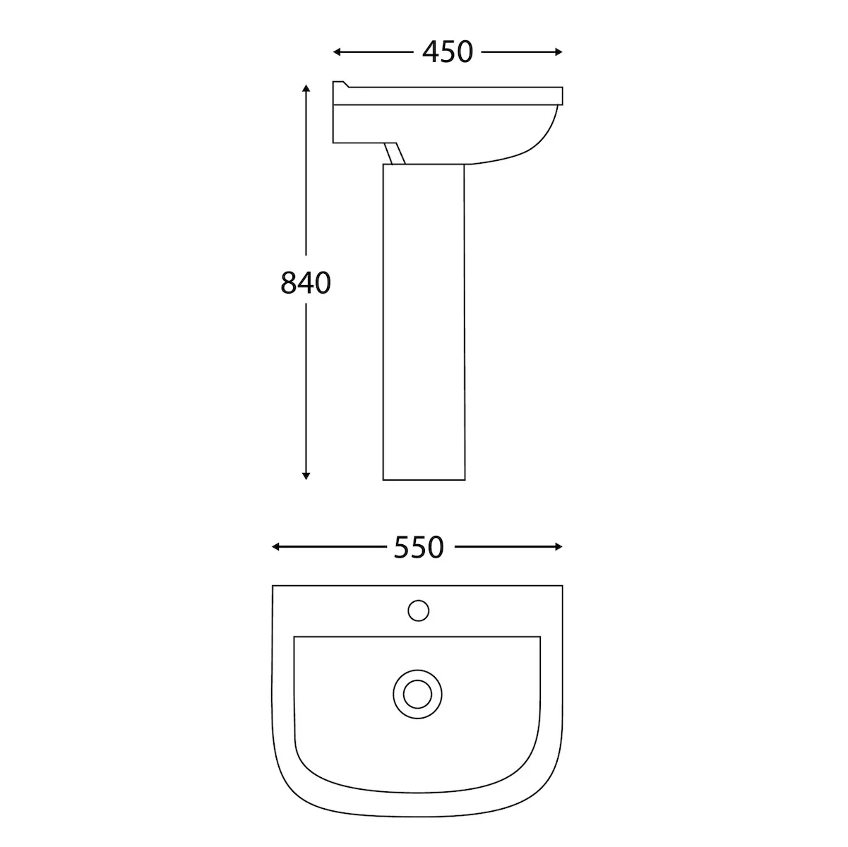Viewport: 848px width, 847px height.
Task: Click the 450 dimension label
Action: click(x=447, y=52)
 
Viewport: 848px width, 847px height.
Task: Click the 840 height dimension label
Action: click(x=306, y=282)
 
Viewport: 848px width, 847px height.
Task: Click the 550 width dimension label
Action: click(x=419, y=547)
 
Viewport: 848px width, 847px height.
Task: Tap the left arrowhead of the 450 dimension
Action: click(x=336, y=52)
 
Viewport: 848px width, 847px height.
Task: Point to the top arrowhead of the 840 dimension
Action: click(x=306, y=88)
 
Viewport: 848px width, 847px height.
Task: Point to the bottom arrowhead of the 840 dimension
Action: click(x=306, y=476)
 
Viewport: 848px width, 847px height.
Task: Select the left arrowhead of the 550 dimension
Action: click(x=275, y=547)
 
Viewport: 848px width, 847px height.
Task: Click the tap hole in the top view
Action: click(x=418, y=611)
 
